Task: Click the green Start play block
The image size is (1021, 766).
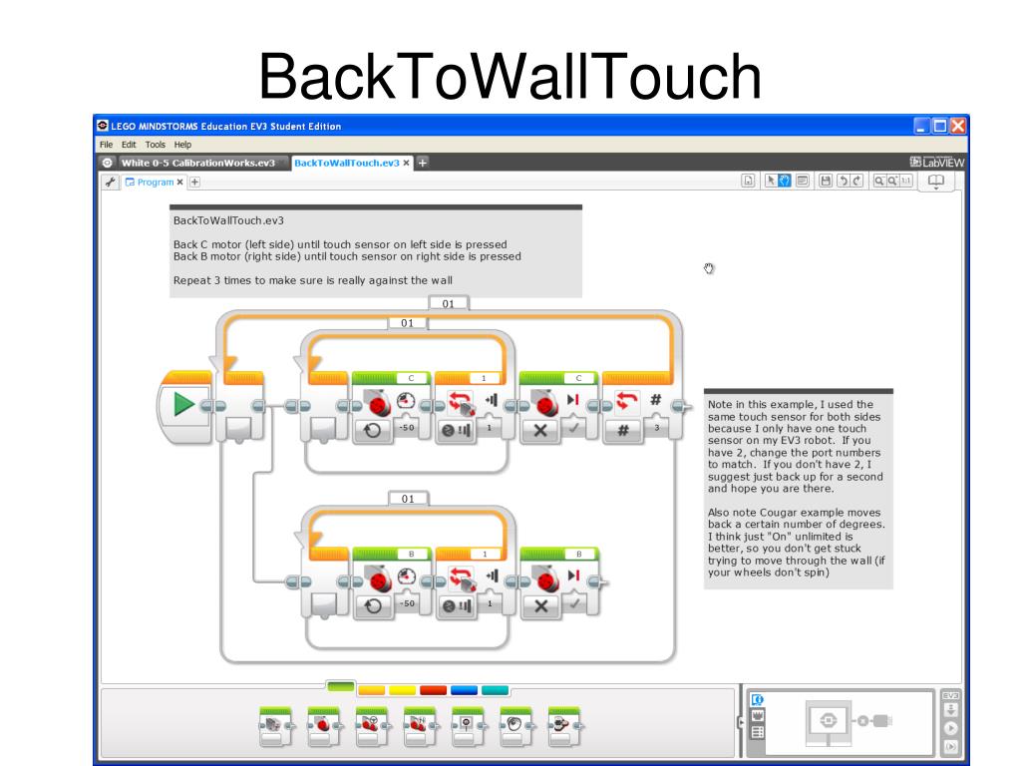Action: (x=183, y=404)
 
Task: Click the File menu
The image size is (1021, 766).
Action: (x=103, y=145)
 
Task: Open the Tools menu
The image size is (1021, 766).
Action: (x=155, y=145)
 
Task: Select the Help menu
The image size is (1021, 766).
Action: (x=182, y=145)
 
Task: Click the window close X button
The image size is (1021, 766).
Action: (x=958, y=126)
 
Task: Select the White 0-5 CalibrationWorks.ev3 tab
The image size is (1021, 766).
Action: (x=196, y=163)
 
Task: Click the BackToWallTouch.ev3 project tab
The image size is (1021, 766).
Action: (x=346, y=163)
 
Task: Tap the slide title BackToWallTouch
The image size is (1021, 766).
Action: (x=510, y=75)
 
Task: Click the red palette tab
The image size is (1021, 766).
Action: (x=433, y=689)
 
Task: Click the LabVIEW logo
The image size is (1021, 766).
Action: (x=937, y=163)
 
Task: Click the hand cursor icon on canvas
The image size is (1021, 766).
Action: (x=710, y=268)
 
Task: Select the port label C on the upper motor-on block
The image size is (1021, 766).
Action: (x=411, y=378)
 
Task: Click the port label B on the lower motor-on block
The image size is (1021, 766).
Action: (x=411, y=554)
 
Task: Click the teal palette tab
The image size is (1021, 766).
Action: (x=495, y=689)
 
